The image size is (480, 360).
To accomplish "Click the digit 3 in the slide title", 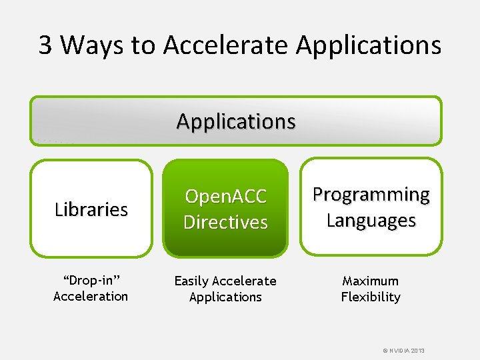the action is pyautogui.click(x=45, y=45).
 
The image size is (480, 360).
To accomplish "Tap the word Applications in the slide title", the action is pyautogui.click(x=368, y=45).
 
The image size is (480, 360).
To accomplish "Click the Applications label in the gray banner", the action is pyautogui.click(x=236, y=121).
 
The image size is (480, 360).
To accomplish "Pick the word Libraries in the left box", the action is pyautogui.click(x=91, y=209).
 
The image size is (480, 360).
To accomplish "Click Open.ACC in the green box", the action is pyautogui.click(x=225, y=197).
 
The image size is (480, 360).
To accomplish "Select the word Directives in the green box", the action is pyautogui.click(x=225, y=222).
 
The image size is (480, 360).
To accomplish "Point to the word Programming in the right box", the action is pyautogui.click(x=371, y=195).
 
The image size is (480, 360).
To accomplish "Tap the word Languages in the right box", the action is pyautogui.click(x=371, y=220).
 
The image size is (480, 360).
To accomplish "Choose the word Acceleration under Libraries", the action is pyautogui.click(x=91, y=297).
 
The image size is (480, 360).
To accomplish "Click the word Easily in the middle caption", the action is pyautogui.click(x=191, y=281).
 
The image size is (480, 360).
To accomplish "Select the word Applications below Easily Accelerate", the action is pyautogui.click(x=225, y=297).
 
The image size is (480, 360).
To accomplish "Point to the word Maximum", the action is pyautogui.click(x=371, y=281).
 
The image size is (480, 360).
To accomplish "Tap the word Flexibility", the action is pyautogui.click(x=371, y=297).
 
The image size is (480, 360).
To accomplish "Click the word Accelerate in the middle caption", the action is pyautogui.click(x=244, y=281).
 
